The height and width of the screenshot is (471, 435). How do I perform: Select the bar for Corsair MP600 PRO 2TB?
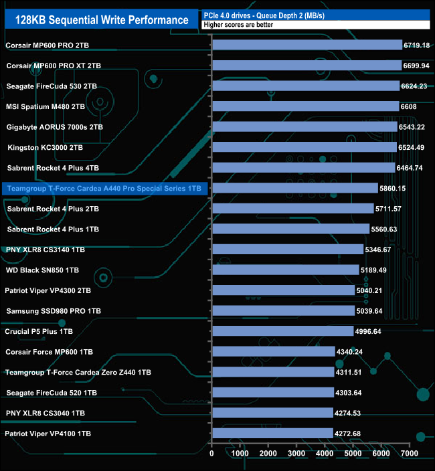coord(307,45)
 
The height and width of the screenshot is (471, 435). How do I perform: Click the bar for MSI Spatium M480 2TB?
coord(305,106)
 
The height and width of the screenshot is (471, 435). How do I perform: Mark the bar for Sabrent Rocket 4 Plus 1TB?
coord(290,229)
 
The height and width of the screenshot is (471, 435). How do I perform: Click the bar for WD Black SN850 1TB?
coord(285,270)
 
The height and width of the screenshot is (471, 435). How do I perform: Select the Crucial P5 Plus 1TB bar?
coord(282,331)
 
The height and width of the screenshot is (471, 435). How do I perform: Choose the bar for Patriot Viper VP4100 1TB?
coord(272,433)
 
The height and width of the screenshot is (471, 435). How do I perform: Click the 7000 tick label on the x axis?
coord(410,454)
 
